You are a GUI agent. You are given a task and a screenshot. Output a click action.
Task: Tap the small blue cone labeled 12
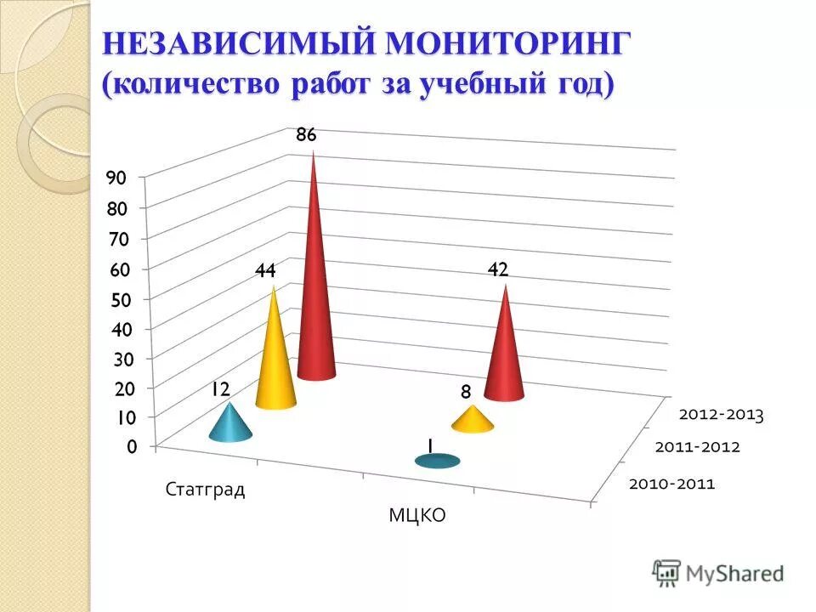click(x=229, y=425)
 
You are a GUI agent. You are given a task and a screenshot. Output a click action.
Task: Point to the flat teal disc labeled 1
click(x=437, y=461)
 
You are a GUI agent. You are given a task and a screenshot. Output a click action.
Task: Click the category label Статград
click(x=206, y=490)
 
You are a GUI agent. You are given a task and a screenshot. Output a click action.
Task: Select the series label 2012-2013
click(x=721, y=416)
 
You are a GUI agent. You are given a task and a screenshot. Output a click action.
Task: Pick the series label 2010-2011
click(x=671, y=484)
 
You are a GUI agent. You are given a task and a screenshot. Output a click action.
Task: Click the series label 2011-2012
click(x=698, y=447)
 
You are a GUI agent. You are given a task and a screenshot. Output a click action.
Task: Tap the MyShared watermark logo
click(x=718, y=572)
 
